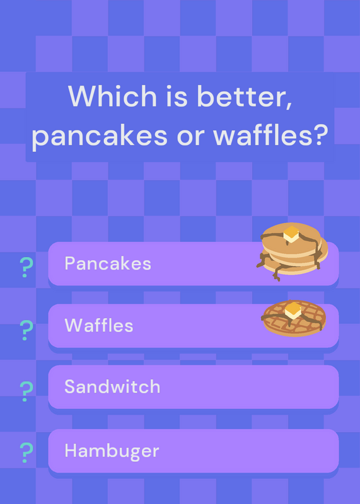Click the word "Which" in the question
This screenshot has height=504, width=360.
112,96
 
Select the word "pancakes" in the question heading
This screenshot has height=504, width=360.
100,135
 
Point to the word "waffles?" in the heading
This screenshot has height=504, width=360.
270,134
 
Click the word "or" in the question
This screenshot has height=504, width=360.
190,137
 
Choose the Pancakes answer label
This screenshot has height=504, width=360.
108,263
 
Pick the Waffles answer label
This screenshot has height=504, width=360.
99,325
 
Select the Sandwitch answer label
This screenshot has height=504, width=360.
112,386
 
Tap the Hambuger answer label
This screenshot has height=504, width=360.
112,451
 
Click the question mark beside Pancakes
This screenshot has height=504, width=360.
26,267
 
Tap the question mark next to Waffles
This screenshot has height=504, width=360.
26,330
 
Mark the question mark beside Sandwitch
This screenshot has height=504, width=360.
26,391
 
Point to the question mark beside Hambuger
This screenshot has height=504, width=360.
26,452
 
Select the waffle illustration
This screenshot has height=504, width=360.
293,318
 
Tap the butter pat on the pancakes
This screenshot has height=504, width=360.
291,234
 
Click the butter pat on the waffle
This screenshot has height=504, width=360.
293,310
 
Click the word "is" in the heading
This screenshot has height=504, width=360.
177,96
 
